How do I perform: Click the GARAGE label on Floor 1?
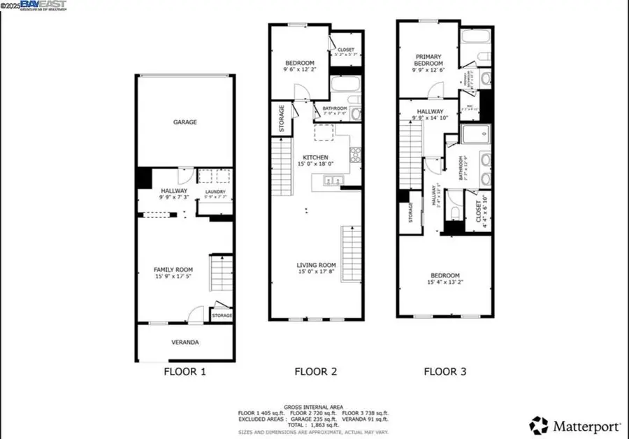point(185,122)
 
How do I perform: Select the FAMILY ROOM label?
point(173,269)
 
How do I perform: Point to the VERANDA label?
point(185,343)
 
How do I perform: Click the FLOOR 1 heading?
point(185,372)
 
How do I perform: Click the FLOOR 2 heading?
point(315,372)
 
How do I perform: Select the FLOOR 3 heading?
point(445,372)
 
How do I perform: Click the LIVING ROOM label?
point(316,265)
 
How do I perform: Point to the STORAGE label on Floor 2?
point(282,117)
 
